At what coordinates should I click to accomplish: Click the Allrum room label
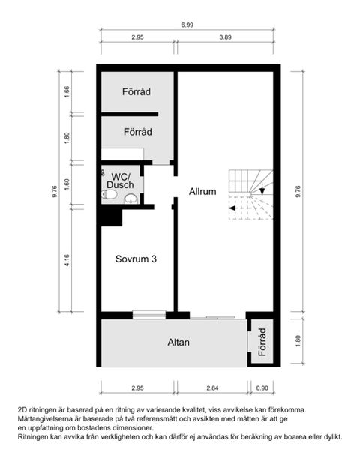coord(202,191)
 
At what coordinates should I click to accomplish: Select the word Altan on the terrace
coord(178,343)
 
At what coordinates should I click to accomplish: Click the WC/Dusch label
coord(120,180)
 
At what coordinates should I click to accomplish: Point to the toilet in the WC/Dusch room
coord(110,196)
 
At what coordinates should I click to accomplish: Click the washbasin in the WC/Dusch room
coord(130,199)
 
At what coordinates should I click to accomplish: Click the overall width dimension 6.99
coord(187,25)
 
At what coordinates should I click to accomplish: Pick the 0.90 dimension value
coord(262,388)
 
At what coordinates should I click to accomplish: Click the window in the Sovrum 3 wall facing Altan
coord(148,314)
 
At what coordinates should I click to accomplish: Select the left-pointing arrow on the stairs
coord(232,208)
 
